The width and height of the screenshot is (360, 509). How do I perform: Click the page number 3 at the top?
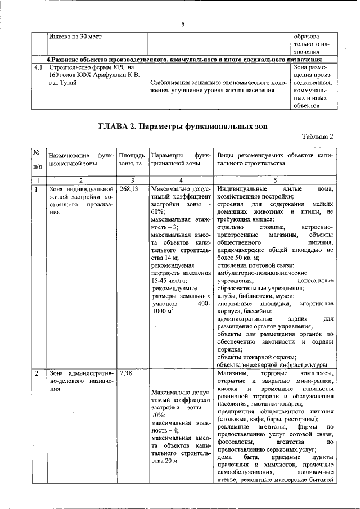[183, 24]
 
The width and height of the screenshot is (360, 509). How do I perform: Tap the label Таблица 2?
[317, 137]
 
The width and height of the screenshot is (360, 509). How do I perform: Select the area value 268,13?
[129, 190]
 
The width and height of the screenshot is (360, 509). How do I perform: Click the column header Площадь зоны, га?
[132, 159]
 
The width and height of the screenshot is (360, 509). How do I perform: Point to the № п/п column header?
[37, 159]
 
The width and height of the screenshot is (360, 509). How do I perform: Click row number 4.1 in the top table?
[38, 67]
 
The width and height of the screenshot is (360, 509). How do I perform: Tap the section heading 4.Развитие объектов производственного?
[183, 58]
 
